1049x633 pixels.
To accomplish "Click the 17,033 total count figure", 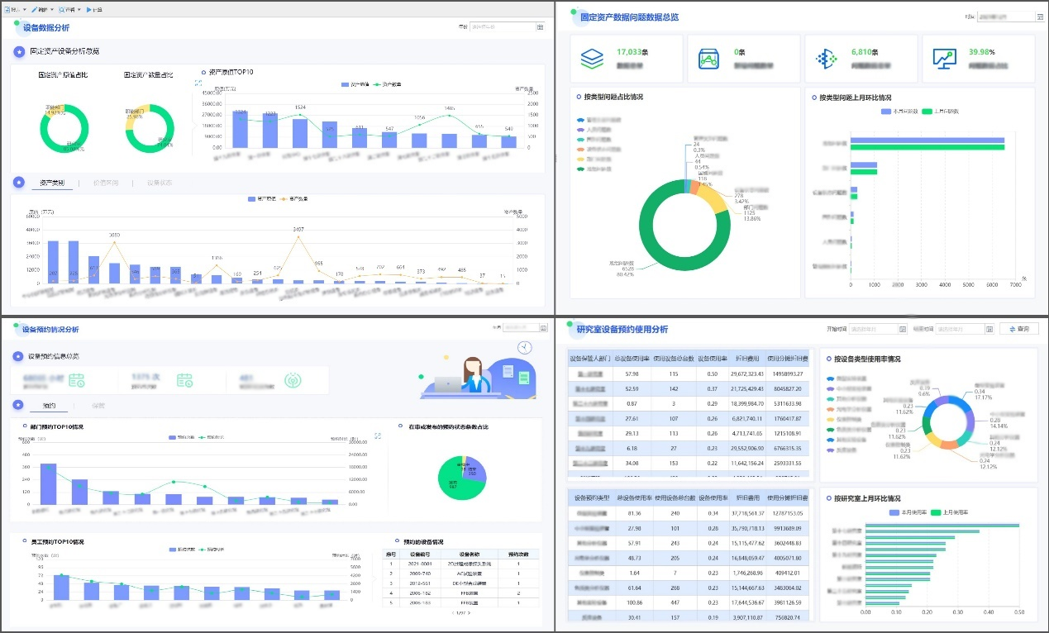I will pos(629,52).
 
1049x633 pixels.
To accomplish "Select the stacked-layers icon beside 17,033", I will pos(592,59).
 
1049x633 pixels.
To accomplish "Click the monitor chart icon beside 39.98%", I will pos(944,59).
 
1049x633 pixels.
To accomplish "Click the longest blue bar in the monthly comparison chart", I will pos(927,140).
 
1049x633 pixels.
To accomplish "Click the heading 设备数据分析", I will pos(46,28).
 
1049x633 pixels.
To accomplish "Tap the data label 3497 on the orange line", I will pos(298,229).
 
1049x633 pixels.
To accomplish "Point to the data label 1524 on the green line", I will pos(300,107).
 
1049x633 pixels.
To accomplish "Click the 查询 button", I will pos(1019,329).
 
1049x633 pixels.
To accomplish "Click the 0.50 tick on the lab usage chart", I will pos(1018,612).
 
